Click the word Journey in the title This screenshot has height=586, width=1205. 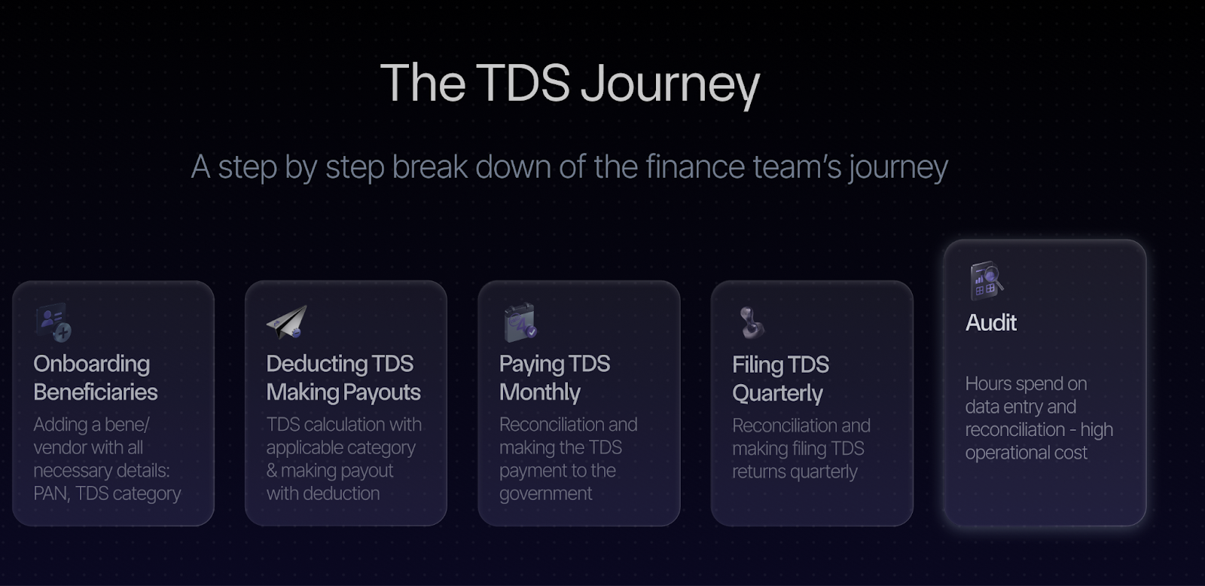pyautogui.click(x=670, y=84)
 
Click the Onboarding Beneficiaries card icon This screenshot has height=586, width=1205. pyautogui.click(x=53, y=322)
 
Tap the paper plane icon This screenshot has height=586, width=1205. pyautogui.click(x=287, y=322)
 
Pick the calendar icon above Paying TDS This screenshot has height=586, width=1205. pyautogui.click(x=520, y=322)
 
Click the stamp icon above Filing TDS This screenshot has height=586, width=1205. pyautogui.click(x=752, y=322)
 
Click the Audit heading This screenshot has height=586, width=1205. pyautogui.click(x=991, y=323)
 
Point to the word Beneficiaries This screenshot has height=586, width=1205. pyautogui.click(x=95, y=392)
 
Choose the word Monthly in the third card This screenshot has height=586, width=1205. pyautogui.click(x=539, y=393)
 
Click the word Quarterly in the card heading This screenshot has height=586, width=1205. pyautogui.click(x=777, y=394)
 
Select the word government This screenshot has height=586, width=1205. pyautogui.click(x=545, y=493)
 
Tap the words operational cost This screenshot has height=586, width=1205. pyautogui.click(x=1026, y=453)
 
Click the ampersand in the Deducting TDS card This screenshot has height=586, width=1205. pyautogui.click(x=272, y=471)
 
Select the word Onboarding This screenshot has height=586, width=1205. pyautogui.click(x=91, y=365)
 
